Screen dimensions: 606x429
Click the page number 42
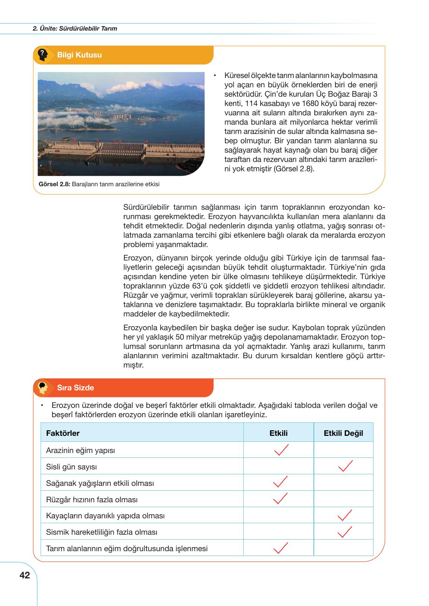click(x=25, y=576)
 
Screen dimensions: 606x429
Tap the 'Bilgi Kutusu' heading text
click(x=79, y=55)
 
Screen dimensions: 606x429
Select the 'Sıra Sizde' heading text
click(x=75, y=388)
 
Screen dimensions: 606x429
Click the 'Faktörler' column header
click(x=63, y=433)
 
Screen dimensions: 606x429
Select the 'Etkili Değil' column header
click(x=343, y=433)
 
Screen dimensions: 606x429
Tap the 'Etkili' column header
click(x=278, y=433)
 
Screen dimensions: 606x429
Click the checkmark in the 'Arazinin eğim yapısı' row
click(x=281, y=450)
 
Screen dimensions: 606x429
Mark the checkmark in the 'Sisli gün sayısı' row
click(x=345, y=466)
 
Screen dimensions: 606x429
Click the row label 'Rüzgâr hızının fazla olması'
click(x=92, y=499)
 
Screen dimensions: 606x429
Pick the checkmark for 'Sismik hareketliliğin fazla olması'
click(x=344, y=532)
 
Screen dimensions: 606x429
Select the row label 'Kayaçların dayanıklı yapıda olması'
click(x=105, y=516)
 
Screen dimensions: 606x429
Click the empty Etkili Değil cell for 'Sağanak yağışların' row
click(x=343, y=483)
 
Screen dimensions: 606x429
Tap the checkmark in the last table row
click(x=280, y=548)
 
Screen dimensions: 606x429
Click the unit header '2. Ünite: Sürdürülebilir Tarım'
click(x=75, y=28)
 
